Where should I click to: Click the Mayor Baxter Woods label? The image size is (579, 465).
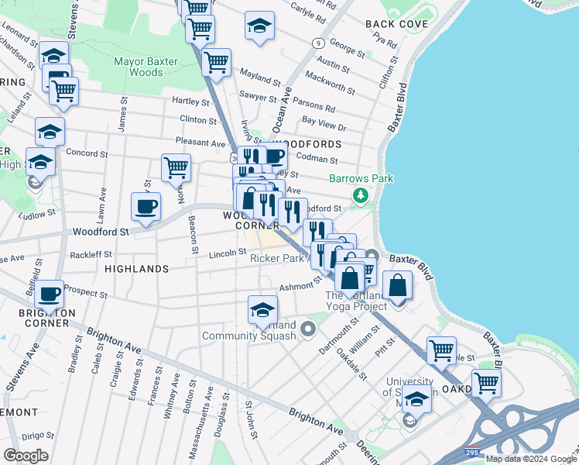146,67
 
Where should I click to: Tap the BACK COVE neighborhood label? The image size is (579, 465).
397,24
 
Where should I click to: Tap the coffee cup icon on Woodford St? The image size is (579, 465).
146,206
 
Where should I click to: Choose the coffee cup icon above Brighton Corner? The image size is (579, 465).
49,294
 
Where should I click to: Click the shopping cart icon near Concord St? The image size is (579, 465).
176,167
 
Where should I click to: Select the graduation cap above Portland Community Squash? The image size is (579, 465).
262,309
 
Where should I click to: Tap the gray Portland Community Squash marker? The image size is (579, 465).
308,330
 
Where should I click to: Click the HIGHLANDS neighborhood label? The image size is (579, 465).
135,269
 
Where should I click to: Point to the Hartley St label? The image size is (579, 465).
190,102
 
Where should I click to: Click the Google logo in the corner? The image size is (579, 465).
26,456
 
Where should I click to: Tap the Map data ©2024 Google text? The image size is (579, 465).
531,459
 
